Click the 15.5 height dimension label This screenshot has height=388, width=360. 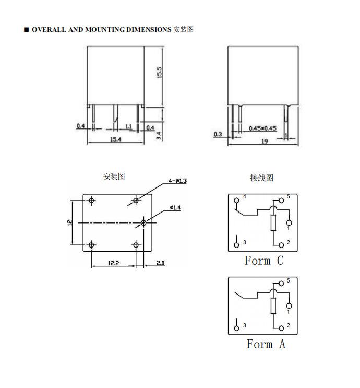tap(160, 73)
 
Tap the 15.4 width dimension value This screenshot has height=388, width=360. tap(115, 139)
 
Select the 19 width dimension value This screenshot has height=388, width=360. tap(265, 142)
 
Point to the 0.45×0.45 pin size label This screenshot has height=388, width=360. tap(262, 128)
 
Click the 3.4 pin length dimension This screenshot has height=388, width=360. tap(159, 136)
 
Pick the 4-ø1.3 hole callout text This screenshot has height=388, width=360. tap(177, 181)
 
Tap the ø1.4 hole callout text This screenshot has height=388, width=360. tap(175, 208)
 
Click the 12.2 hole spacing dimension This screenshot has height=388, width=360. tap(114, 263)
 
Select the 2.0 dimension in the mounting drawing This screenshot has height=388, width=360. tap(161, 263)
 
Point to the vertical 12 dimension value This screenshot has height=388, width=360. tap(70, 222)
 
